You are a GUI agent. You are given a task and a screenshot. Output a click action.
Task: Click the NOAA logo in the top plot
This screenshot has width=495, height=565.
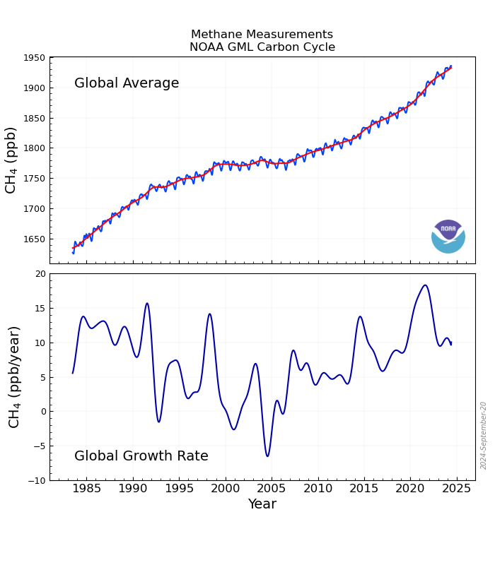tap(448, 237)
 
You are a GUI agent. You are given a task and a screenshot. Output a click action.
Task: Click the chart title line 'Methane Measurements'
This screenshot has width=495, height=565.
tap(262, 35)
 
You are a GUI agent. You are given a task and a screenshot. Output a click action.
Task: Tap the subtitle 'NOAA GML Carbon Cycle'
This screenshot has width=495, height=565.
tap(262, 47)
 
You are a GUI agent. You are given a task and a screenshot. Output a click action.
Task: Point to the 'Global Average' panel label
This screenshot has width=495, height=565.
tap(127, 83)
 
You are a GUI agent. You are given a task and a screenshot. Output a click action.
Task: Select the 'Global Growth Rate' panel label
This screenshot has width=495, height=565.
tap(141, 456)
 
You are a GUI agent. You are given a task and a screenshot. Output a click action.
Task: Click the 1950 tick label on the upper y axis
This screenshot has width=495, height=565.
tap(33, 58)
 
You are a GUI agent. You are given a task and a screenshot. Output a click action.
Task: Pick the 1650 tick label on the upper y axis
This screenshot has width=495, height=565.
tap(33, 239)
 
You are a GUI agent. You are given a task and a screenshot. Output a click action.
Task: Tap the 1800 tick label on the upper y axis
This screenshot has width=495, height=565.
tap(33, 148)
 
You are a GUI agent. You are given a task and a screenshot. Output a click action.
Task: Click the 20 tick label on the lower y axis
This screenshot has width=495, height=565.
tap(40, 274)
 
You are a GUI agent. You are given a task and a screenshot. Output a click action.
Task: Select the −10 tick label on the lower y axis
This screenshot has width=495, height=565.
tap(35, 480)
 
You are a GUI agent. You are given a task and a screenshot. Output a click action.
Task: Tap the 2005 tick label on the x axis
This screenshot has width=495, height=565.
tap(272, 488)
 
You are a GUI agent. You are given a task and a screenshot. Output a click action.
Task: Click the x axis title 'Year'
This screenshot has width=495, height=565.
tap(262, 504)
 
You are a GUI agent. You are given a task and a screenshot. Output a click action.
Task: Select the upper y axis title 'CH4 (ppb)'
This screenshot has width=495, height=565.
tap(11, 160)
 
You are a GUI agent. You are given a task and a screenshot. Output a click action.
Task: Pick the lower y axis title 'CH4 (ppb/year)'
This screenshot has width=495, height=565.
tap(14, 376)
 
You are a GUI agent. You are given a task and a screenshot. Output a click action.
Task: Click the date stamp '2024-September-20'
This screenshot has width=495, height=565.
tap(484, 435)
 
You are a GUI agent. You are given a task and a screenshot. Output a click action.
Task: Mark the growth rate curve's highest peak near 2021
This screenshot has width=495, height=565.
tap(425, 285)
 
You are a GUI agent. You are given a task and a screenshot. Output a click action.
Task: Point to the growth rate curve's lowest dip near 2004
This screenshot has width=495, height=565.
tap(267, 456)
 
